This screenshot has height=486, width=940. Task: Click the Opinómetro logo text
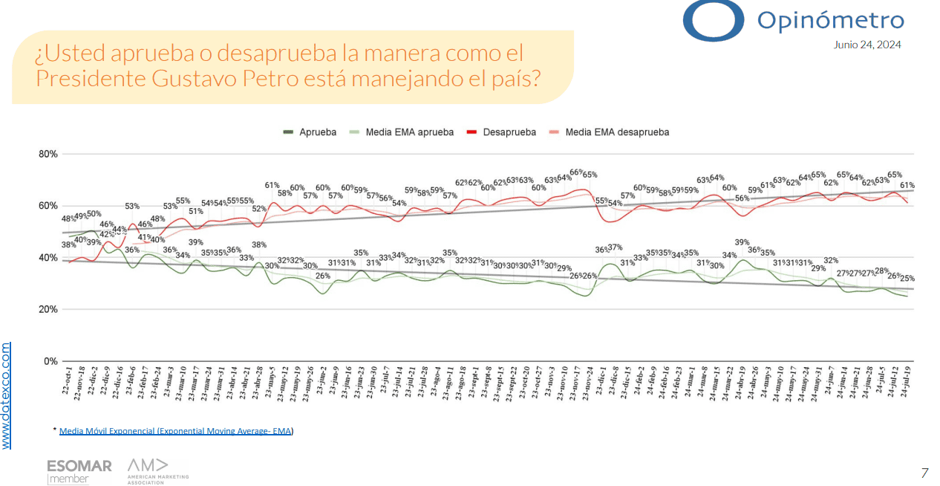[830, 21]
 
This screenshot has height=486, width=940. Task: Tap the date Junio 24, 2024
[867, 45]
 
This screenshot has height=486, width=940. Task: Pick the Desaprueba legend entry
[509, 132]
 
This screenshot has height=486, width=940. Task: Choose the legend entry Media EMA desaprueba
[616, 132]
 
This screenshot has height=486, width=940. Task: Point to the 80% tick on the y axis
[48, 155]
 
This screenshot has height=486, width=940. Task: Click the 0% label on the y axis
[50, 362]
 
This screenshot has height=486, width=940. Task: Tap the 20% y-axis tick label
[48, 310]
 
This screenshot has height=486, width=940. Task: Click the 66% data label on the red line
[576, 172]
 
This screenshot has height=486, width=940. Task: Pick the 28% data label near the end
[881, 271]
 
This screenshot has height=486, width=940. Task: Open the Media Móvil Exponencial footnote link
[176, 431]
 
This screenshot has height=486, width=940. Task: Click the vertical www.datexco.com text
[7, 395]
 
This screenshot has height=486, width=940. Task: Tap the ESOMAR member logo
[79, 471]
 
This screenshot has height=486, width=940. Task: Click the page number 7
[924, 473]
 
